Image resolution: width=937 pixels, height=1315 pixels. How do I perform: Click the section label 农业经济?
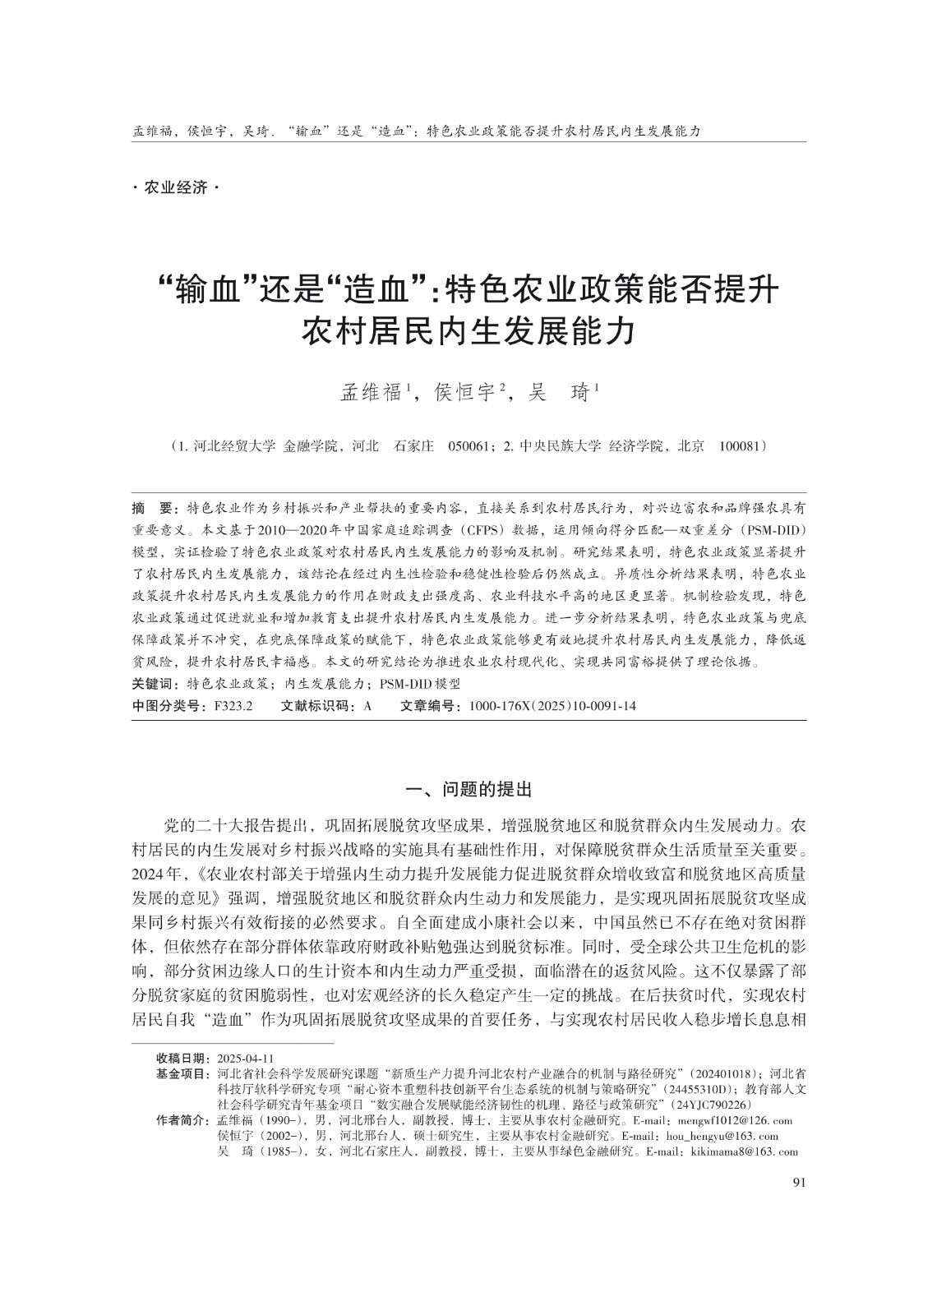176,188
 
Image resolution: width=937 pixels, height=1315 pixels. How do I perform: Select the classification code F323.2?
233,706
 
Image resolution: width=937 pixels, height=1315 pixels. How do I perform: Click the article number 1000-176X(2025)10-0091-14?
552,706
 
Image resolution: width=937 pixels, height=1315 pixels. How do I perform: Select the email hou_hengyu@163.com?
722,1137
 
